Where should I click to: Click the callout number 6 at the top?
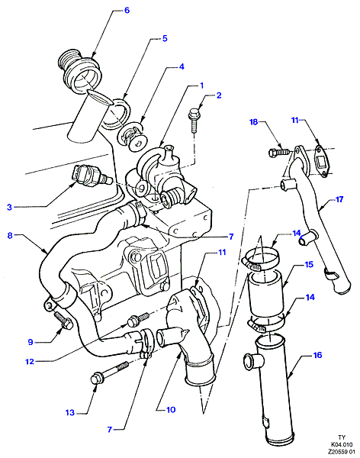tap(127, 10)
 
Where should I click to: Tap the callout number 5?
tap(165, 38)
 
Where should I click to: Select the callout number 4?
tap(182, 66)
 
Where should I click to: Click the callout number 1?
tap(201, 85)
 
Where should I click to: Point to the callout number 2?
tap(219, 95)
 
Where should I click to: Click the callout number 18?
tap(254, 122)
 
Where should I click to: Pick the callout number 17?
tap(339, 199)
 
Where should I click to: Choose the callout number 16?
tap(317, 355)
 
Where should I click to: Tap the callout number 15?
tap(309, 264)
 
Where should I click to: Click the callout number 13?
tap(70, 413)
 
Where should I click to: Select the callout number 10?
tap(171, 410)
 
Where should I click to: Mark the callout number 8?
tap(10, 235)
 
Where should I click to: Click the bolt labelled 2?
tap(194, 120)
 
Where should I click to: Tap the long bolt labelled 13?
tap(110, 373)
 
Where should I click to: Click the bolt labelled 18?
tap(279, 152)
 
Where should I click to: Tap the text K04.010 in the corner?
tap(342, 444)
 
